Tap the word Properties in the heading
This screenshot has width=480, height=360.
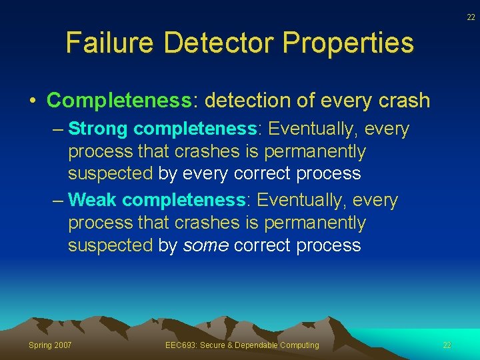[348, 43]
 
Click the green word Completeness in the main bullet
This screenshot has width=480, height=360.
[119, 101]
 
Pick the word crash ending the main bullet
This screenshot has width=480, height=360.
[402, 101]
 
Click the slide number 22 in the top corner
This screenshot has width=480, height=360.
[471, 17]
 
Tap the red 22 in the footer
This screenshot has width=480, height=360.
[447, 345]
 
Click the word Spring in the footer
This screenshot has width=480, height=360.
[41, 345]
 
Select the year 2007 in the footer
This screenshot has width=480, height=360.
[63, 345]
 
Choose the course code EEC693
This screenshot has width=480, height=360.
[179, 345]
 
